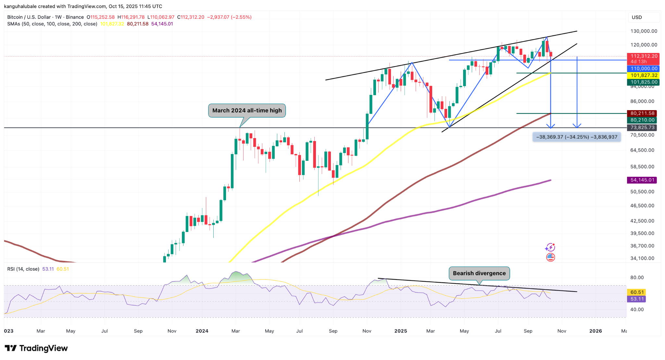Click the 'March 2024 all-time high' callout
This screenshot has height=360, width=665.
(x=247, y=110)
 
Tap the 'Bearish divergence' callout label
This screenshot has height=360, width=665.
(x=479, y=273)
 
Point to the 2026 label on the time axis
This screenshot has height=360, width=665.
(x=596, y=331)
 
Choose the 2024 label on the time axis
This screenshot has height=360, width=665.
(x=202, y=331)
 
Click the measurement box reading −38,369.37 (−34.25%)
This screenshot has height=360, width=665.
(x=577, y=137)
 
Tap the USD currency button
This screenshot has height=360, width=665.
(x=637, y=17)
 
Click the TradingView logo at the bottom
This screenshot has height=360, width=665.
(x=36, y=348)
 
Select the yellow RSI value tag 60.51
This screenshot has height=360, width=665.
(x=637, y=292)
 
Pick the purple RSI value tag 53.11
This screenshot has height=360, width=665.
(x=637, y=299)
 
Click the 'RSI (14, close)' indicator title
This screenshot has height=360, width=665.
(x=23, y=269)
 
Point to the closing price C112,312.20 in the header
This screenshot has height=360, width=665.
(x=192, y=17)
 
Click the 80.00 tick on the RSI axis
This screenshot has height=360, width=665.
(x=637, y=277)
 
